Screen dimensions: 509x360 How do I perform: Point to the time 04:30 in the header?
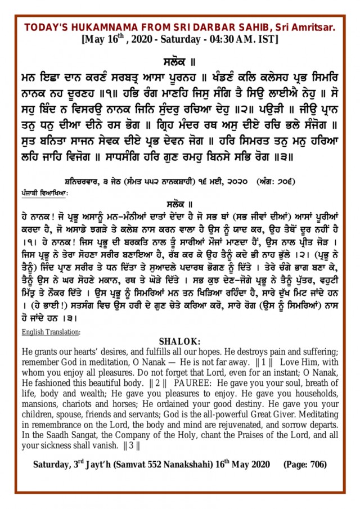coord(216,40)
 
